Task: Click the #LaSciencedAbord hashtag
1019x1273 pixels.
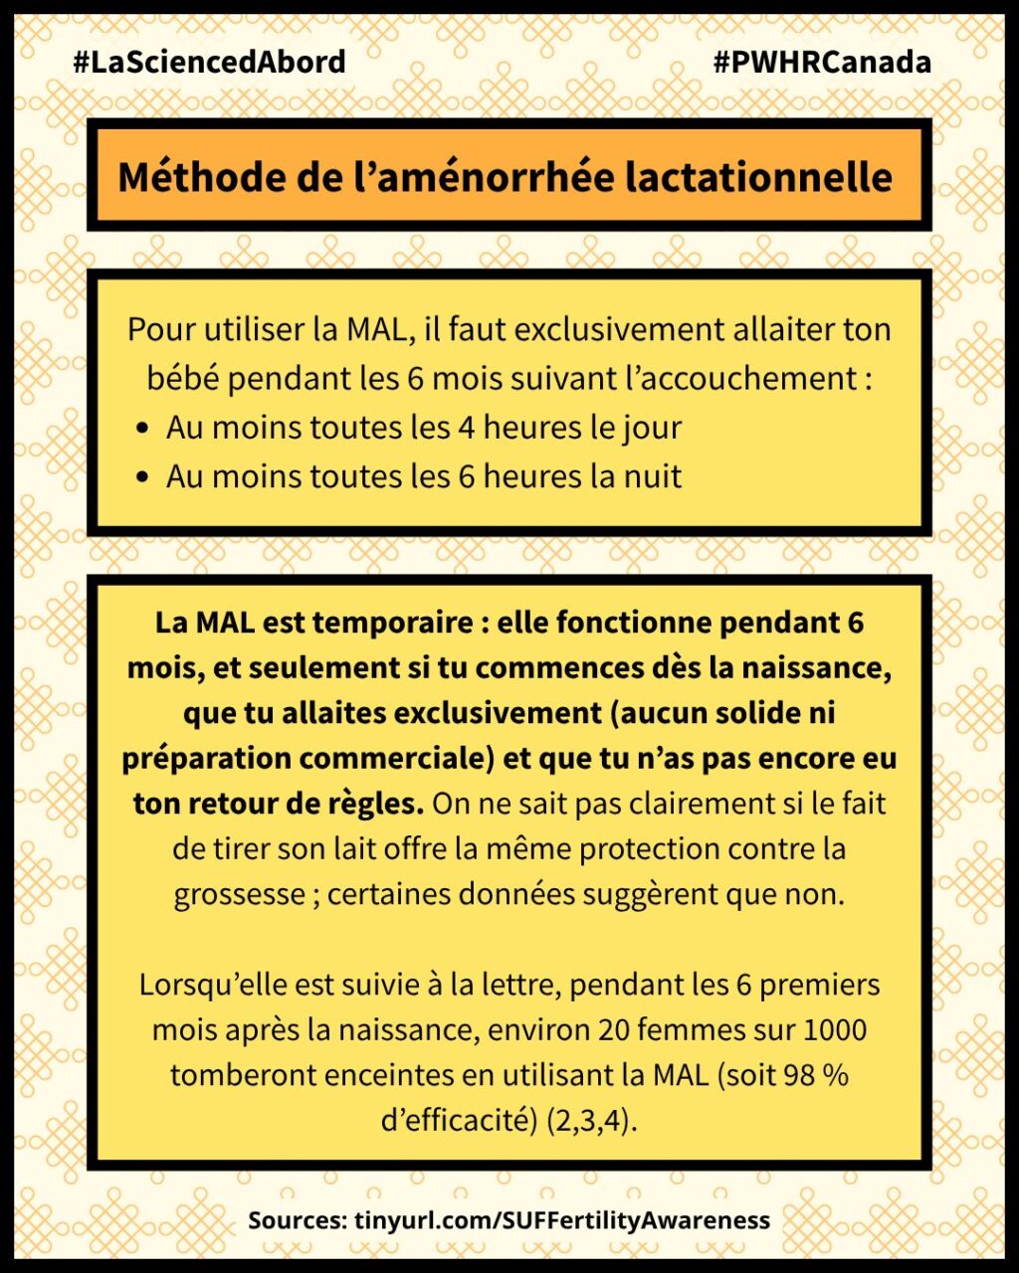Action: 209,62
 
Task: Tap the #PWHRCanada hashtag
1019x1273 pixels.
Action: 822,62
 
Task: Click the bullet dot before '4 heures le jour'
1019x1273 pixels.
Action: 143,429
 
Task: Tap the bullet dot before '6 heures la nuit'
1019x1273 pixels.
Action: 143,477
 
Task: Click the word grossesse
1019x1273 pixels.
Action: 239,894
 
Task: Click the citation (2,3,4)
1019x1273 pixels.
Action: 591,1120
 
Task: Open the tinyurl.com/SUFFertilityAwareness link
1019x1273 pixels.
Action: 561,1220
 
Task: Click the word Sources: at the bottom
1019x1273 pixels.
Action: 297,1220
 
